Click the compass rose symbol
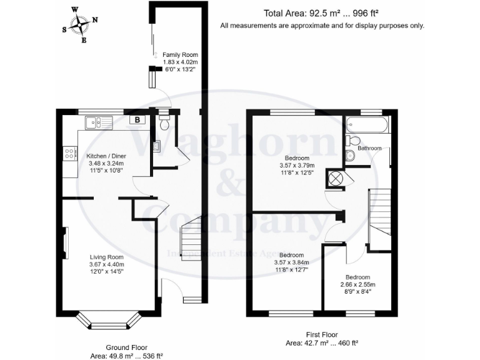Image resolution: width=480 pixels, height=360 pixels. (81, 25)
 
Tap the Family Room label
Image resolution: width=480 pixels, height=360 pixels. (180, 55)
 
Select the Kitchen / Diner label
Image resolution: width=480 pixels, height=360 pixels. (94, 156)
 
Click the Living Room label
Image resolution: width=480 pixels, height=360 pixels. (106, 257)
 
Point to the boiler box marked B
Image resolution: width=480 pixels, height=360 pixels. (136, 120)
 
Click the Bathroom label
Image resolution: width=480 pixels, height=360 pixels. (369, 148)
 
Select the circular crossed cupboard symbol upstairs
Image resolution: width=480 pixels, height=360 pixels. (336, 178)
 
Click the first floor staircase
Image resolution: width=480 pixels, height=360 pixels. (380, 219)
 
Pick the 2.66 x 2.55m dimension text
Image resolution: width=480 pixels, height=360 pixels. (358, 284)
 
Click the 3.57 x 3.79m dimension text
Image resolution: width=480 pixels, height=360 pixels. (297, 166)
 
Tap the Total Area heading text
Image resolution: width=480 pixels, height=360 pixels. (321, 13)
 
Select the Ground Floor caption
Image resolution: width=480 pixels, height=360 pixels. (126, 347)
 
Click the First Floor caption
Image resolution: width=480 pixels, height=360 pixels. (321, 334)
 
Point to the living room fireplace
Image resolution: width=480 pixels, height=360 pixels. (66, 242)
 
